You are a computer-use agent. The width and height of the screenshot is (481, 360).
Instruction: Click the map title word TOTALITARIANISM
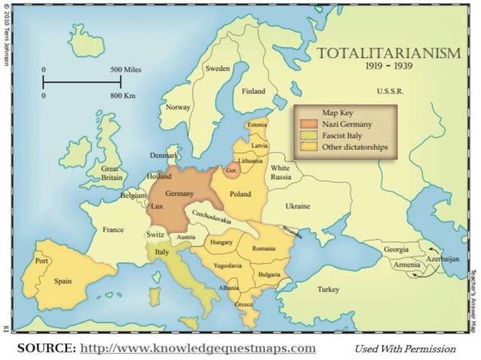coord(388,53)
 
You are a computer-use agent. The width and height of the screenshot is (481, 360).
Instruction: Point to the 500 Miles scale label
coord(126,69)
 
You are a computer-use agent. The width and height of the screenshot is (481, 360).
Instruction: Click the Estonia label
coord(256,124)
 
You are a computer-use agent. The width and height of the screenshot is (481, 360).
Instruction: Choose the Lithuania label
coord(250,161)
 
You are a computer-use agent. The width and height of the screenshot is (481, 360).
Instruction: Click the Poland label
coord(240,194)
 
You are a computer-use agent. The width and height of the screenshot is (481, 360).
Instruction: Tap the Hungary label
coord(221,243)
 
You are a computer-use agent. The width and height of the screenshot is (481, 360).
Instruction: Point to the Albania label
coord(229,288)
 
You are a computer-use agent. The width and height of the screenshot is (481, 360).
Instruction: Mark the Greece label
coord(244,305)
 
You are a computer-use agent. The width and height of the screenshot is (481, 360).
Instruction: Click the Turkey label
coord(328,289)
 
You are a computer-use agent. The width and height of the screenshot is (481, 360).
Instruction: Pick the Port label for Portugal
coord(41,261)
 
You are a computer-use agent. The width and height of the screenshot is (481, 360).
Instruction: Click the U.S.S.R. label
coord(390,91)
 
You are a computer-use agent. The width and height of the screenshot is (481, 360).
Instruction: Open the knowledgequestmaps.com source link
coord(198,348)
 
